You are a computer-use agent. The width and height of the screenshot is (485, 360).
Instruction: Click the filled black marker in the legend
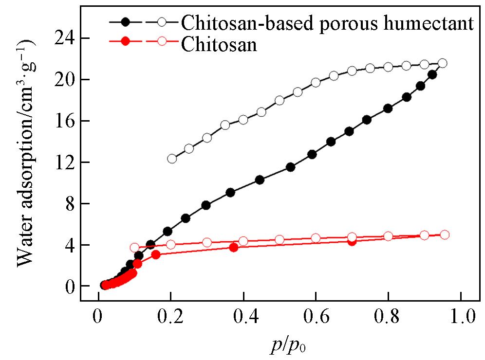pyautogui.click(x=126, y=22)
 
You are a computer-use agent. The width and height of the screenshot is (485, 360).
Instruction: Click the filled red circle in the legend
pyautogui.click(x=126, y=42)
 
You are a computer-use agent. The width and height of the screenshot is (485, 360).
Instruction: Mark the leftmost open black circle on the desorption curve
pyautogui.click(x=172, y=159)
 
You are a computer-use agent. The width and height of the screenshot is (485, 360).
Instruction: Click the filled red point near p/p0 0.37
pyautogui.click(x=233, y=247)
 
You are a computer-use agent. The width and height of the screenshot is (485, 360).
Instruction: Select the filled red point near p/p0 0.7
pyautogui.click(x=352, y=241)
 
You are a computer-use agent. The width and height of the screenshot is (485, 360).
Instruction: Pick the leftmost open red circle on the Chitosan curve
pyautogui.click(x=135, y=248)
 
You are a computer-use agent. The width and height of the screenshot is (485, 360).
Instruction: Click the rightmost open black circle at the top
pyautogui.click(x=442, y=63)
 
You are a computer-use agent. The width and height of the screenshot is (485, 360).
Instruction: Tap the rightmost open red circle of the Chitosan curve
pyautogui.click(x=444, y=234)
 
